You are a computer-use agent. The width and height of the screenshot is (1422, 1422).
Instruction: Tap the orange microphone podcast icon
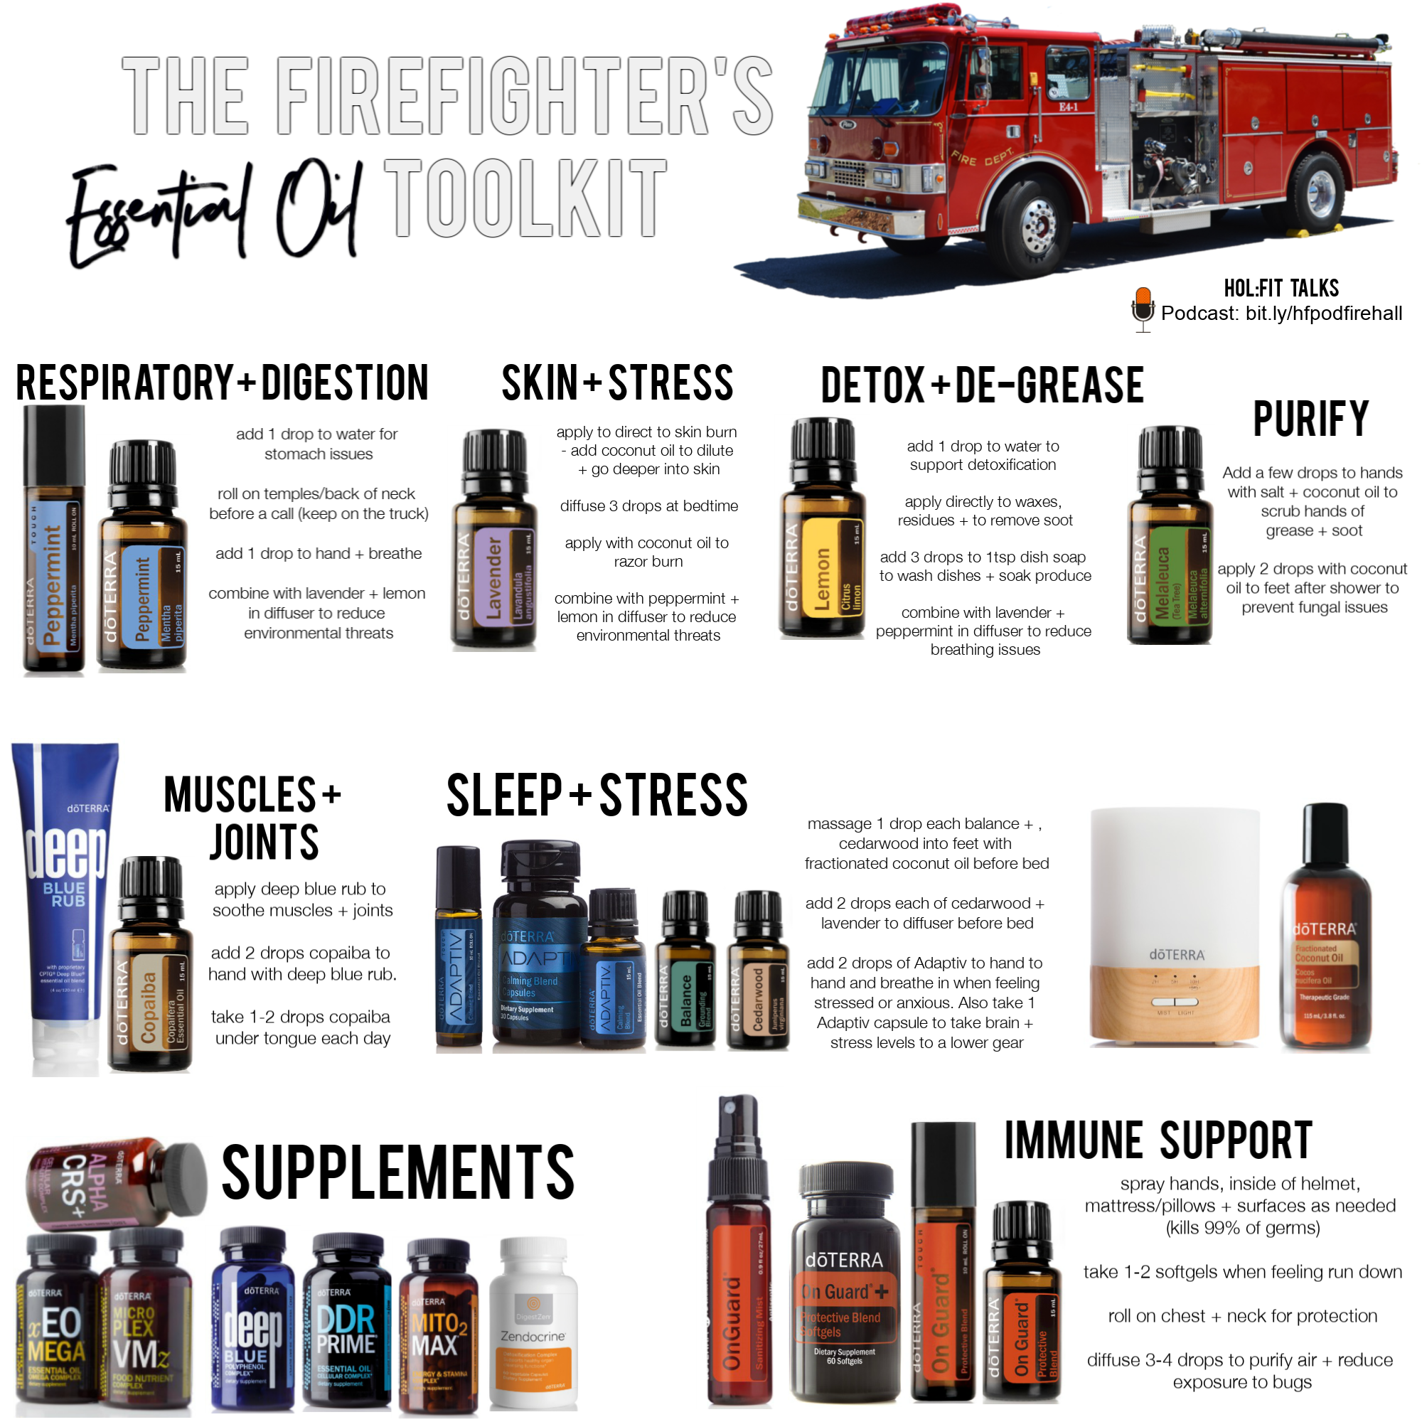point(1143,308)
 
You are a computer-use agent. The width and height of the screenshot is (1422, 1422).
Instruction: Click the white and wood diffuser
point(1175,927)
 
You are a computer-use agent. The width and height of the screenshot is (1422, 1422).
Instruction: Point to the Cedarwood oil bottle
point(757,971)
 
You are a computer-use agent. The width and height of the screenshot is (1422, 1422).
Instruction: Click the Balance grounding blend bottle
point(685,971)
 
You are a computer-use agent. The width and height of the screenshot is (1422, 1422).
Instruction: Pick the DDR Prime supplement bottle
point(346,1325)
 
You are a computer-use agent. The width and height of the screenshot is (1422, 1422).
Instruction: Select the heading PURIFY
point(1310,419)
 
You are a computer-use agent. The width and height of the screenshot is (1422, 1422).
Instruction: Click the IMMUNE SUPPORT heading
point(1158,1141)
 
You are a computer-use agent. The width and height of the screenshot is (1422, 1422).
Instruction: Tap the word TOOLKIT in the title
point(525,200)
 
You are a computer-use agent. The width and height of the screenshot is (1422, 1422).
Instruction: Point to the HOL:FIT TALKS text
point(1281,288)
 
